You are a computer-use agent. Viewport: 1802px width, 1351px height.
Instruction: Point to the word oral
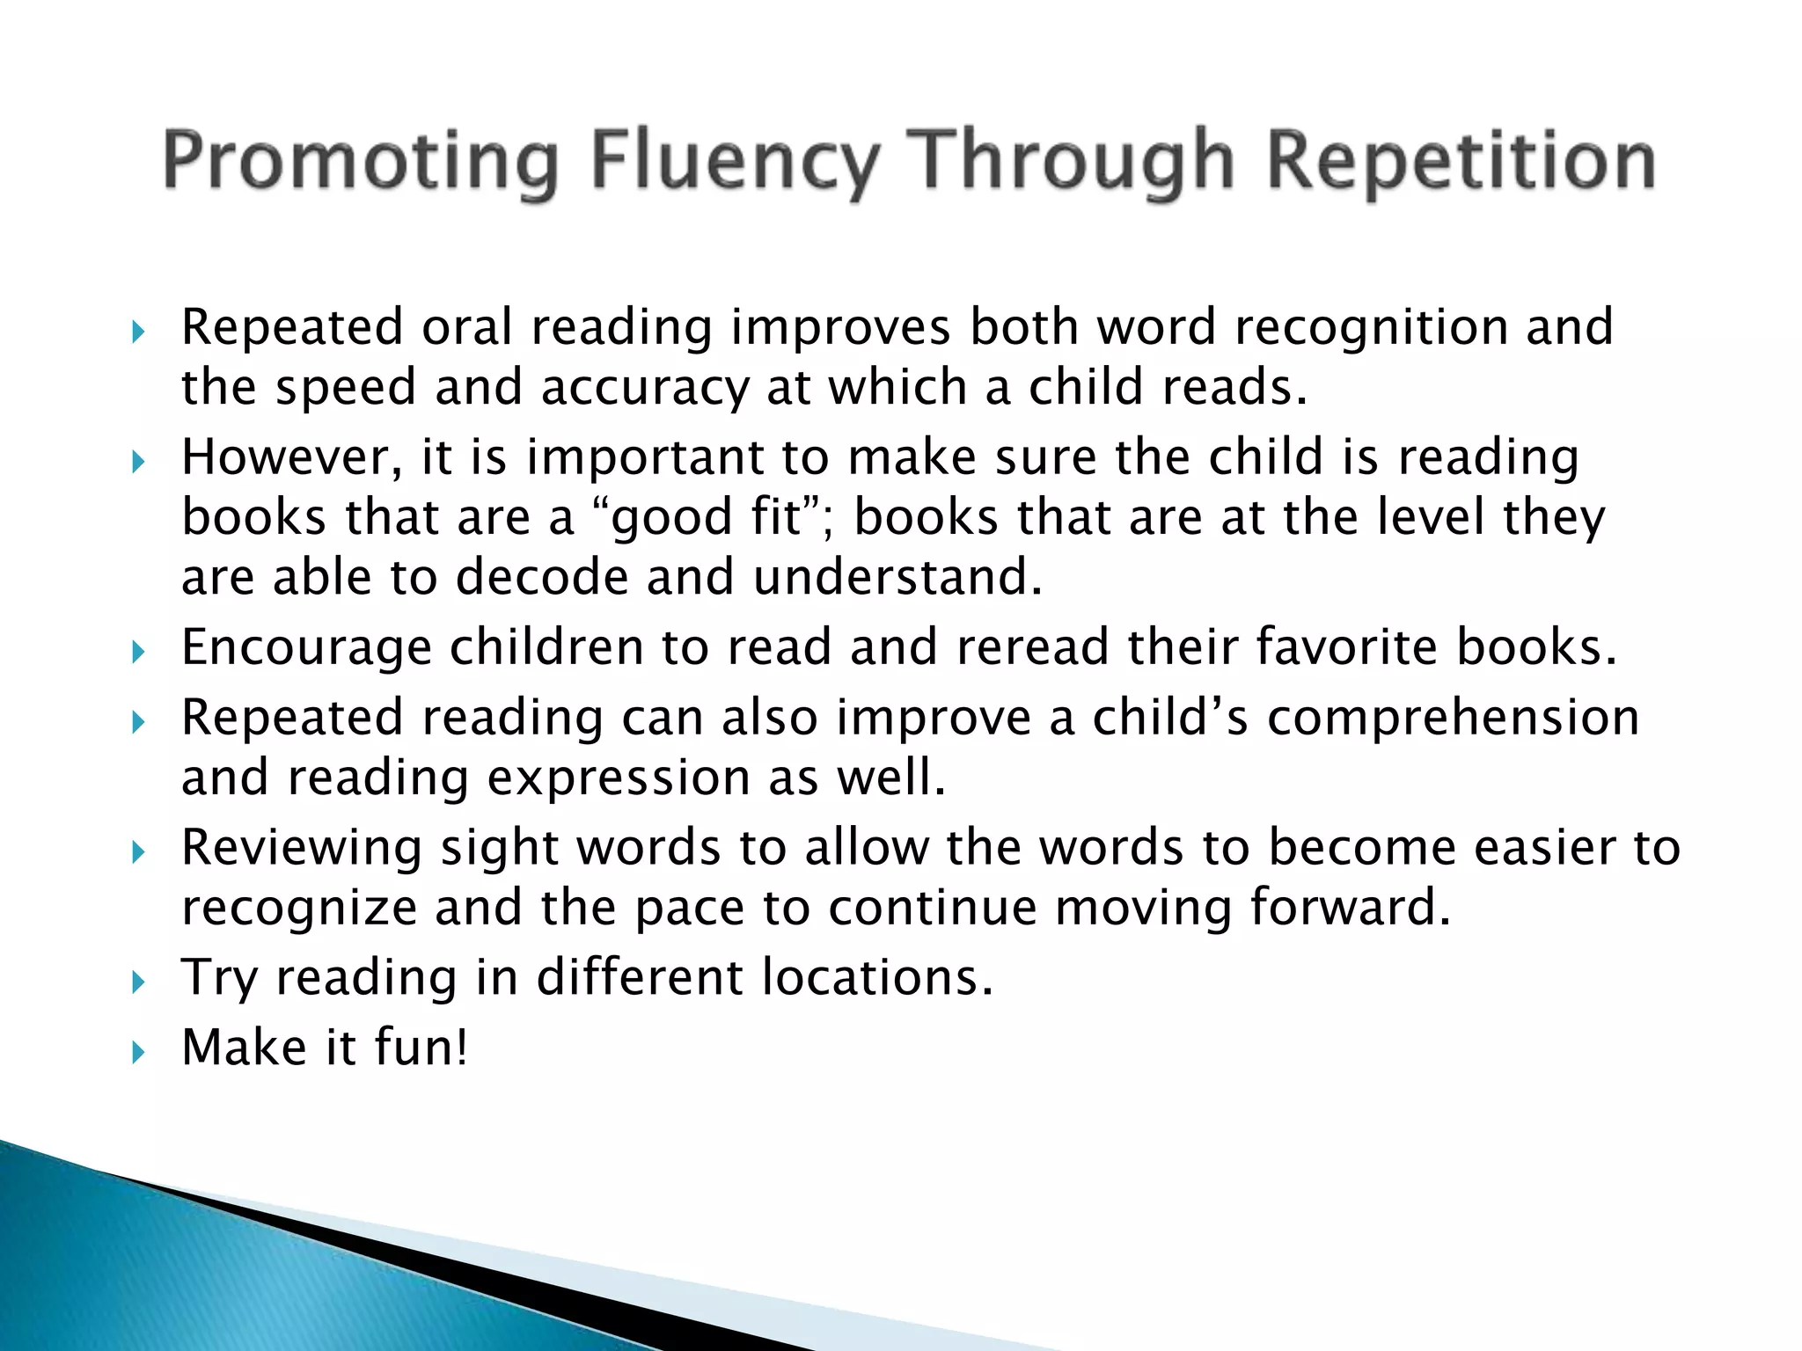(466, 327)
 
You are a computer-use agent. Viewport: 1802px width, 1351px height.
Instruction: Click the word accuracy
(644, 388)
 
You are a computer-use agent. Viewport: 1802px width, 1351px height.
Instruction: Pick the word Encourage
(306, 647)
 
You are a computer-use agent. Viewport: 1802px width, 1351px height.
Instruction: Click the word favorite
(1346, 647)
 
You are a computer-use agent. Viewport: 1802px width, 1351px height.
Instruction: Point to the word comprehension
(1454, 719)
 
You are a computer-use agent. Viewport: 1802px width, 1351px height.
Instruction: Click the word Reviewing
(302, 848)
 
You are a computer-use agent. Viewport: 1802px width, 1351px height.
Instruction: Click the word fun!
(421, 1048)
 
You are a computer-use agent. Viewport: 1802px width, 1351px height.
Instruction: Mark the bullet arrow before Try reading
(137, 982)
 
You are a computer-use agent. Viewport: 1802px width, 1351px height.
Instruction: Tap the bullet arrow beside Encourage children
(137, 652)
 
